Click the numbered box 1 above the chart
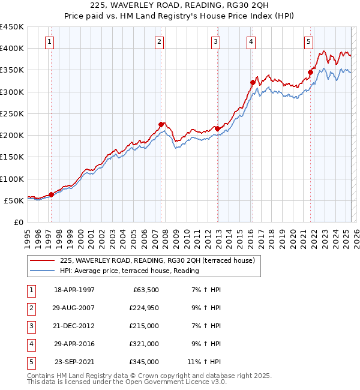pos(49,41)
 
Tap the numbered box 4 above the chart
pos(250,41)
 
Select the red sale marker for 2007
pos(161,124)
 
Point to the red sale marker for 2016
pos(253,82)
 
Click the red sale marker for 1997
pos(51,194)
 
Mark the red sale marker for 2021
pos(310,72)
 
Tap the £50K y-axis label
pos(14,200)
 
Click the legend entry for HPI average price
pos(129,271)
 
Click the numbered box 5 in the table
pos(30,362)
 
